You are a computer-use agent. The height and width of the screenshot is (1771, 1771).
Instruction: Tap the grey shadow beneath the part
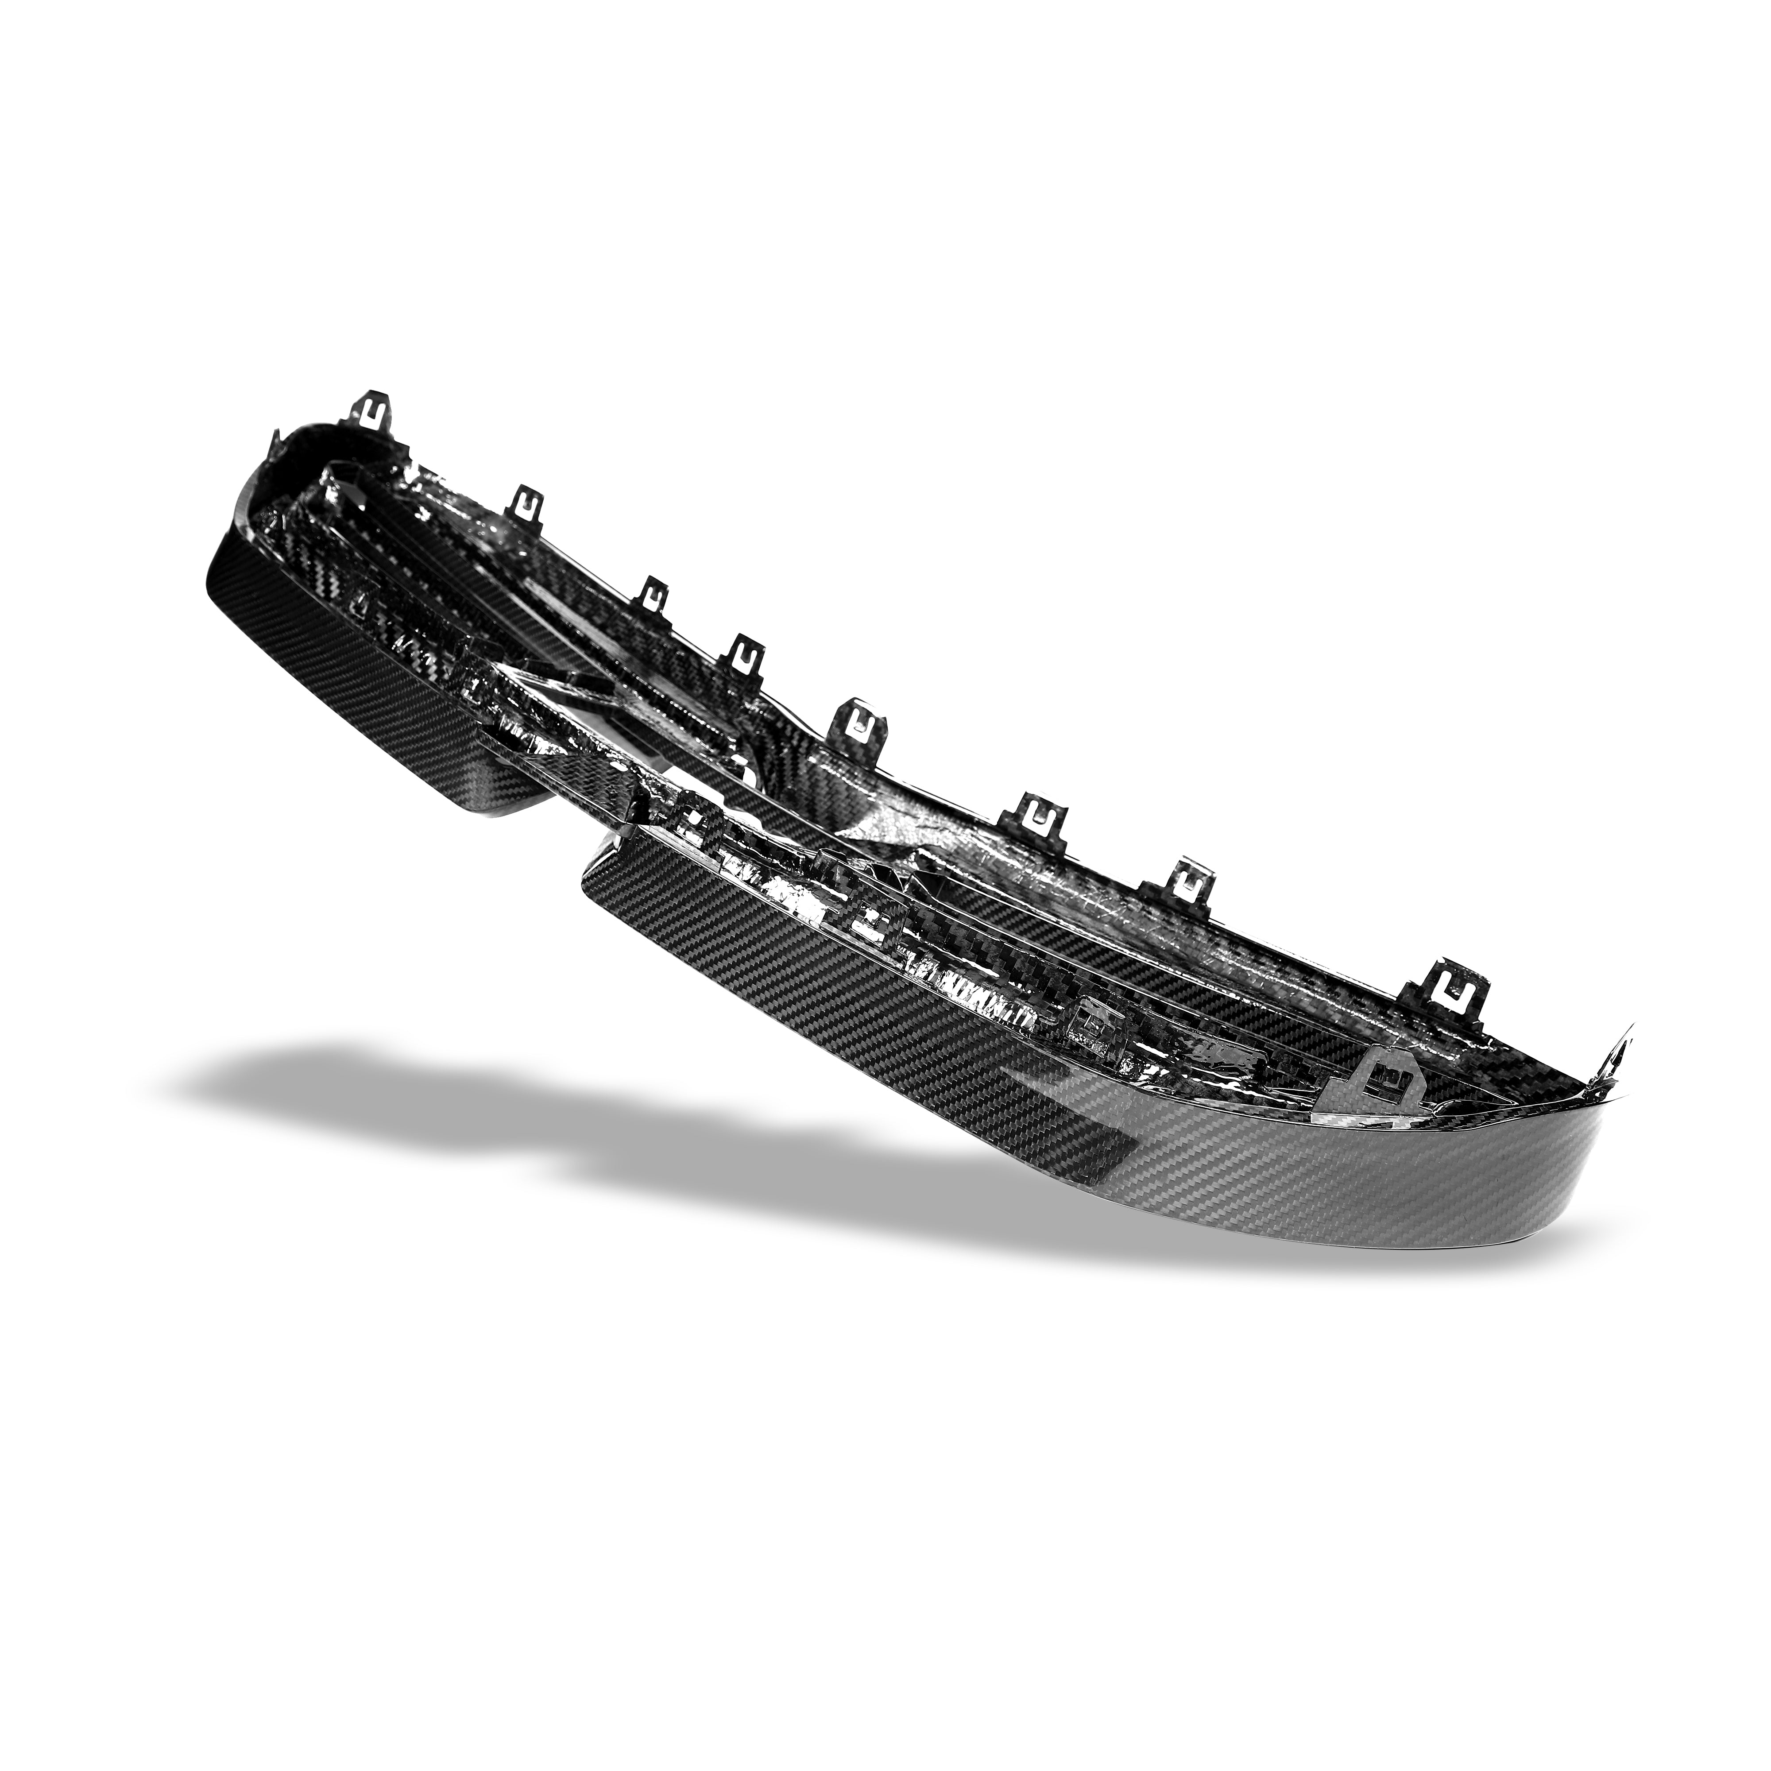point(642,1146)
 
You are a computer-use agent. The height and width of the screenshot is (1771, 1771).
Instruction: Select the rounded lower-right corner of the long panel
point(1558,1247)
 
